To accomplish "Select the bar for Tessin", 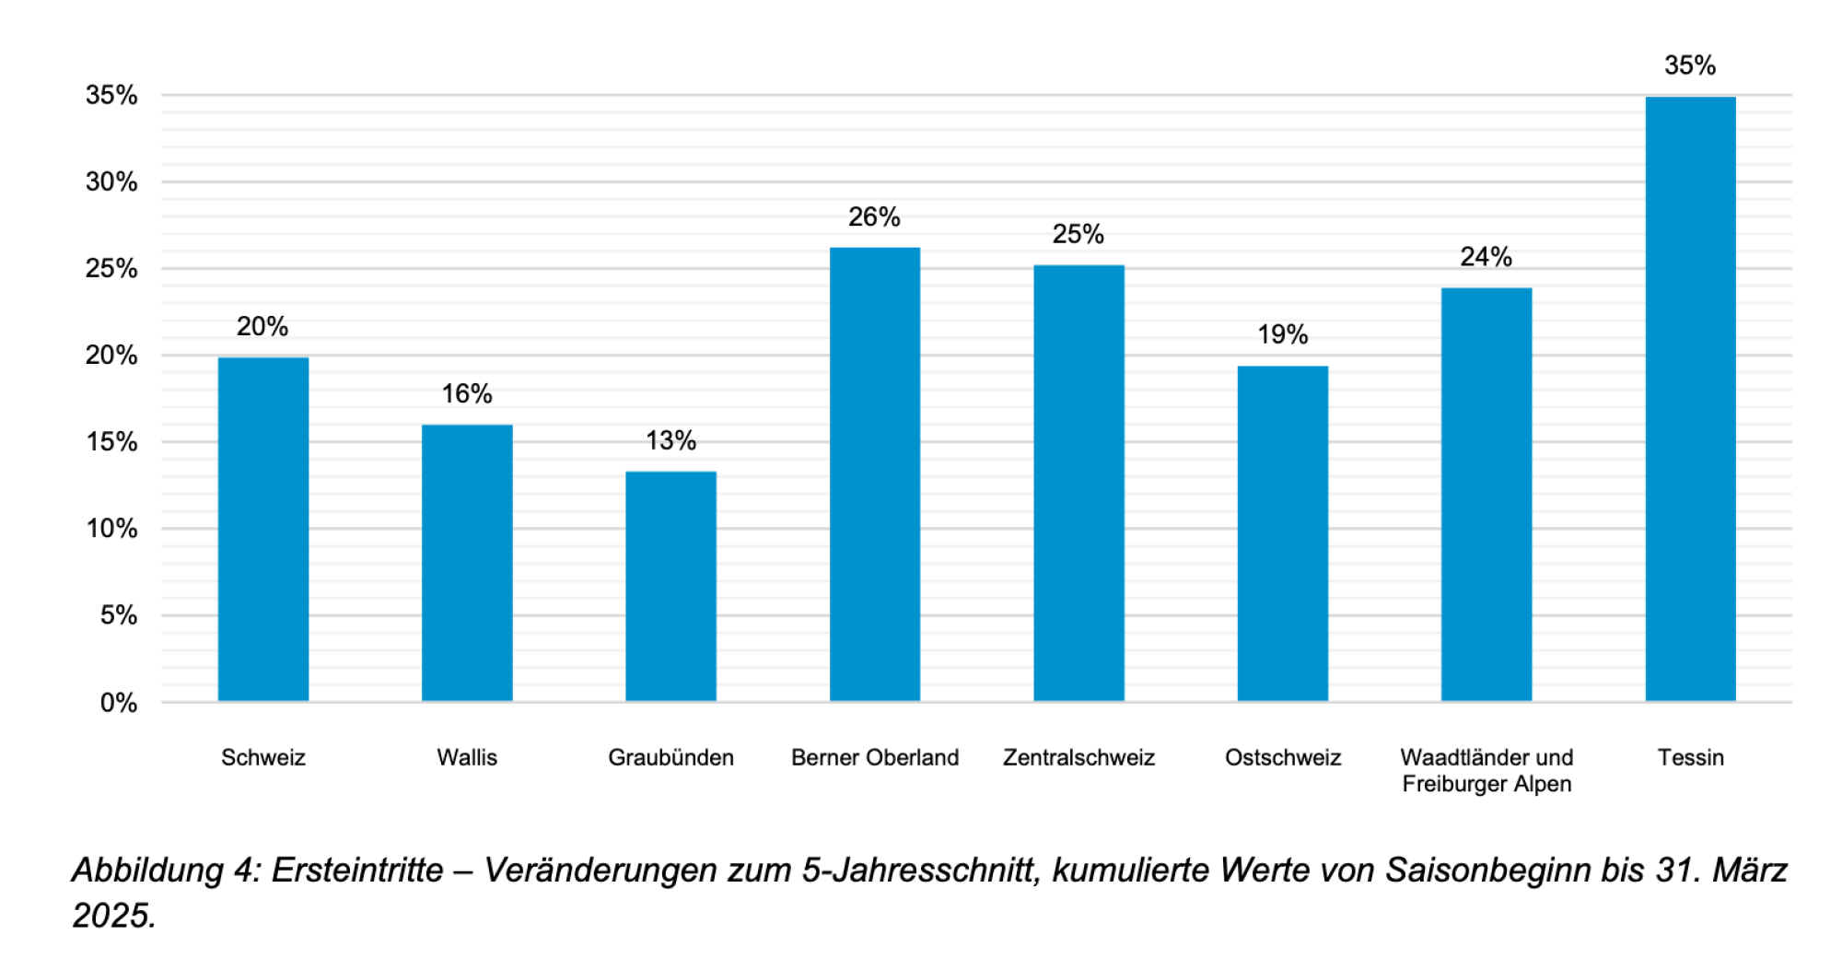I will (x=1690, y=399).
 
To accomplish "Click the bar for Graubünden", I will (x=670, y=587).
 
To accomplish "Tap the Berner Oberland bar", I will (x=874, y=474).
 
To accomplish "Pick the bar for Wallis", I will (x=467, y=563).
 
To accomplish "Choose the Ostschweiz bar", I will (x=1282, y=533).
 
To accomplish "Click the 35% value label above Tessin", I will (x=1689, y=65).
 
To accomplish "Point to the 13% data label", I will (x=670, y=440).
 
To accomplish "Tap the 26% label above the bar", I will (x=874, y=216).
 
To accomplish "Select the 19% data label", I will (x=1282, y=334).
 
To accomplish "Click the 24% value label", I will (x=1486, y=256).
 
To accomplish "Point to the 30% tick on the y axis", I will (x=111, y=181).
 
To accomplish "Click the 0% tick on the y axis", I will (x=119, y=703).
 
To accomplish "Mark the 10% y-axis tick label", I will (x=111, y=529).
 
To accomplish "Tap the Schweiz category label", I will (x=262, y=757).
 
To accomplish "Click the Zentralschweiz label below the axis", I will (x=1078, y=757).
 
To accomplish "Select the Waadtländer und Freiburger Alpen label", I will (x=1486, y=770).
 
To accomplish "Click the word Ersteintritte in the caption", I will (x=357, y=870).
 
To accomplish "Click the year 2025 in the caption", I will (x=111, y=916).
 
